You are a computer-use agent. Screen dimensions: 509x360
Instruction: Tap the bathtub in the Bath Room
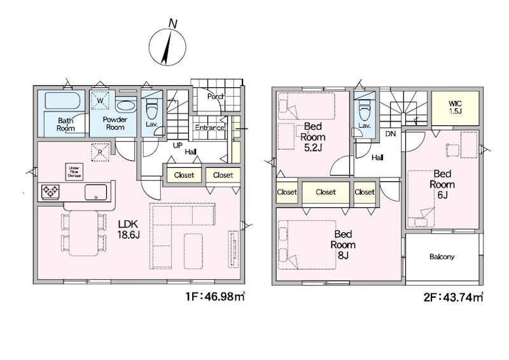(x=62, y=100)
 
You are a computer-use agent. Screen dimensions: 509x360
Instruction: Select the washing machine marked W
(x=100, y=100)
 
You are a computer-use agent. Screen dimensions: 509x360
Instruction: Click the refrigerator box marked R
(x=101, y=152)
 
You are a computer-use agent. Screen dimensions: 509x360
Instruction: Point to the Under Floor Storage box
(x=74, y=172)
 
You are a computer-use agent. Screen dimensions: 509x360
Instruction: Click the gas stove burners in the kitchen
(x=50, y=191)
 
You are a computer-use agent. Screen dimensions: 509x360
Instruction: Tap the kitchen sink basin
(x=96, y=192)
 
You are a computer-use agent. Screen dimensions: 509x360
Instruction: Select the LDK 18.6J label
(x=129, y=229)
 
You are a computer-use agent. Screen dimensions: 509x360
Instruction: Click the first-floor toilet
(x=151, y=109)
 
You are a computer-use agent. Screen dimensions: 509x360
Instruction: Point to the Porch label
(x=216, y=97)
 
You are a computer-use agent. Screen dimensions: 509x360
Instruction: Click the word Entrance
(x=210, y=128)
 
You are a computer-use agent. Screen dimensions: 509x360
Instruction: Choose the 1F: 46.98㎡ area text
(x=215, y=296)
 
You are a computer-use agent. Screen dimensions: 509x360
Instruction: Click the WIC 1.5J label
(x=455, y=107)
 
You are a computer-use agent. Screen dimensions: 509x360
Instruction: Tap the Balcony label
(x=442, y=257)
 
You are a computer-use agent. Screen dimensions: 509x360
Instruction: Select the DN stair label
(x=391, y=134)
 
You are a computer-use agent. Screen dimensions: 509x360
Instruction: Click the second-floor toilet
(x=364, y=110)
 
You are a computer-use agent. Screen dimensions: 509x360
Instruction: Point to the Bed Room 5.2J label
(x=313, y=137)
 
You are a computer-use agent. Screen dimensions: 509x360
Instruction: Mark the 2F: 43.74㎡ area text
(x=453, y=297)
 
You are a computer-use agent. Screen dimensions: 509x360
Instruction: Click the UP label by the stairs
(x=178, y=146)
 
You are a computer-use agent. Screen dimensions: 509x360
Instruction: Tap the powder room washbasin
(x=125, y=106)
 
